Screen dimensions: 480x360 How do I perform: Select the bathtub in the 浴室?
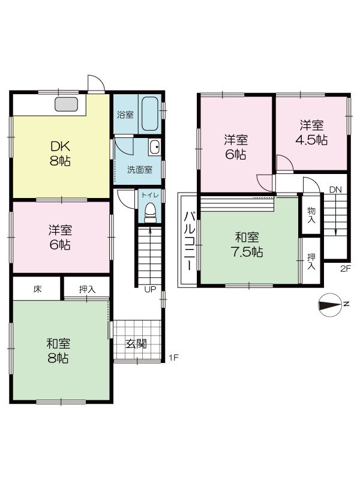tap(149, 113)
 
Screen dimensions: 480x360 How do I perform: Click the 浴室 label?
tap(125, 114)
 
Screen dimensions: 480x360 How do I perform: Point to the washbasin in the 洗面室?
tap(154, 147)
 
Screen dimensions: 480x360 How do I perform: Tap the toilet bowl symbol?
tap(150, 212)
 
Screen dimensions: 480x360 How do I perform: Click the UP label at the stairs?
tap(150, 289)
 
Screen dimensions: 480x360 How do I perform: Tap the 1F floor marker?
tap(173, 358)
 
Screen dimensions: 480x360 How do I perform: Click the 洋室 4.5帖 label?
tap(312, 133)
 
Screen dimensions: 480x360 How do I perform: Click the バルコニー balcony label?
tap(188, 239)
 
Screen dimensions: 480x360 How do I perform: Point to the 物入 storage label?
tap(311, 215)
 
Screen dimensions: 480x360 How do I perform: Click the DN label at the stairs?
tap(335, 190)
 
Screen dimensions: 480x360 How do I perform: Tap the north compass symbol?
tap(331, 305)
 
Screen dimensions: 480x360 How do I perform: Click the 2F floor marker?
tap(345, 268)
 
